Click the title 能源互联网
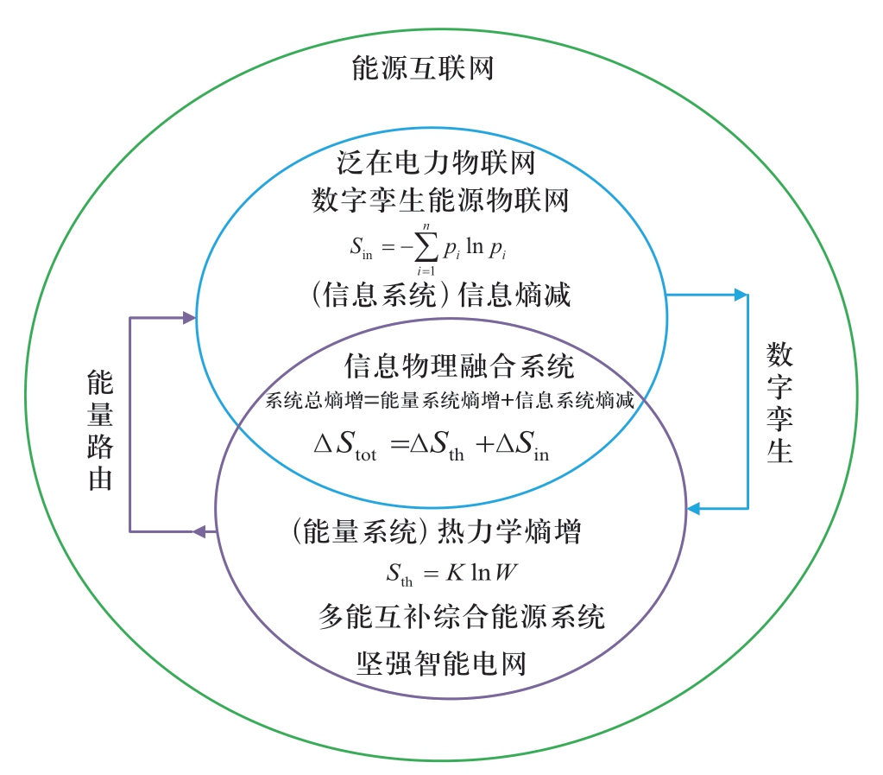click(423, 68)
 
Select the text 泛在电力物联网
click(436, 163)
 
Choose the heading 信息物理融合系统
click(458, 365)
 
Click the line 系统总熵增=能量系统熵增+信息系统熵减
click(450, 401)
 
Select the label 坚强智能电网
click(441, 664)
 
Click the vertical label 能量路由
click(100, 430)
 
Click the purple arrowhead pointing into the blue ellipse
click(188, 318)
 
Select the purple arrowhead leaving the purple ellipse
click(199, 530)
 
